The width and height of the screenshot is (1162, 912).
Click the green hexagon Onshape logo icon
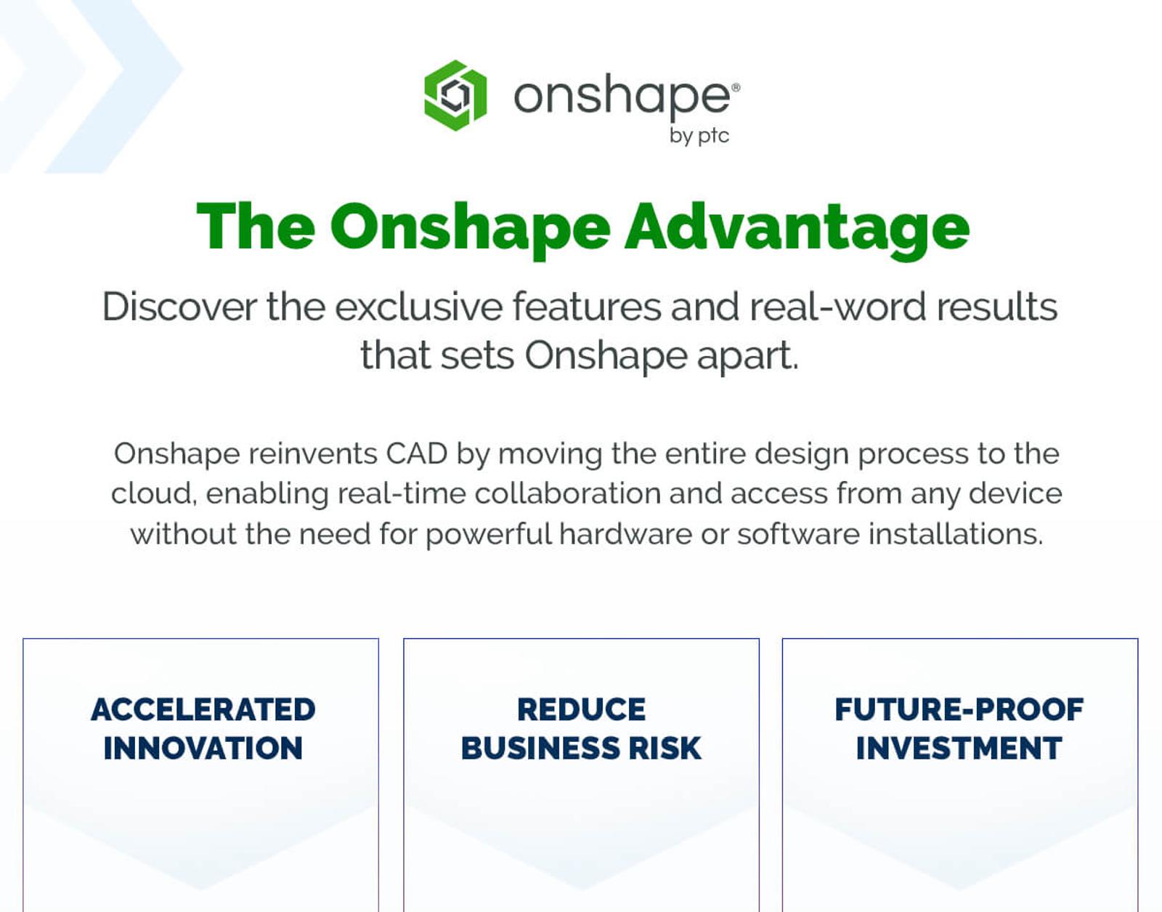455,95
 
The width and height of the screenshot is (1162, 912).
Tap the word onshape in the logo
622,97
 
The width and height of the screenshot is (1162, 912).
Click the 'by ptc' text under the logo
699,136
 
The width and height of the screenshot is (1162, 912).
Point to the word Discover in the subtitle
179,307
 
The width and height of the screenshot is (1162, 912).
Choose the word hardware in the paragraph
625,535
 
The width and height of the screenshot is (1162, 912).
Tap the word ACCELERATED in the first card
203,710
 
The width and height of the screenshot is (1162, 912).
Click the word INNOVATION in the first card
203,748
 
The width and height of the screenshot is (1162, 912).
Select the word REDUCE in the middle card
581,710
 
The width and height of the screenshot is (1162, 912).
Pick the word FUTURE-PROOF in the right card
959,710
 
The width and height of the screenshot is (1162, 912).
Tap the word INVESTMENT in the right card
959,748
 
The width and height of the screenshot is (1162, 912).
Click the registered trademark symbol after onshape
736,87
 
